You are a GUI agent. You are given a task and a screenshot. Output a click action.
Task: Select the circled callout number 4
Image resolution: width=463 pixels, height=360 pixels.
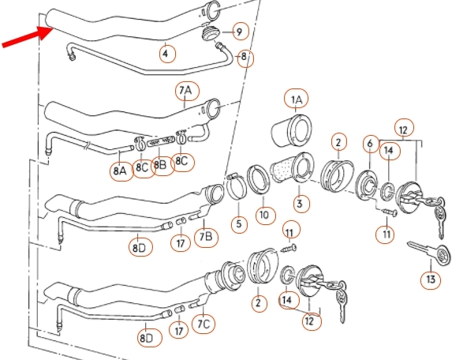pyautogui.click(x=167, y=54)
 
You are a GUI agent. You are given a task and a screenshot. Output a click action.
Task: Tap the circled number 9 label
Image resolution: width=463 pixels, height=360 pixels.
pyautogui.click(x=241, y=32)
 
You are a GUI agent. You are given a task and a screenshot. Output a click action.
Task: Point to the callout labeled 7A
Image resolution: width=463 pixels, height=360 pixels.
pyautogui.click(x=188, y=91)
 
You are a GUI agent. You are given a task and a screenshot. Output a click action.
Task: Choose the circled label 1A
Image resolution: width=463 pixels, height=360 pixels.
pyautogui.click(x=296, y=99)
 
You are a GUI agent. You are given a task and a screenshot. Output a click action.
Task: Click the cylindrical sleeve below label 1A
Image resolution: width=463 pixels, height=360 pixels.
pyautogui.click(x=291, y=130)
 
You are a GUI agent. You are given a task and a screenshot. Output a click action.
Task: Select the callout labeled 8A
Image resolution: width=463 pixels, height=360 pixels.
pyautogui.click(x=121, y=170)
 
